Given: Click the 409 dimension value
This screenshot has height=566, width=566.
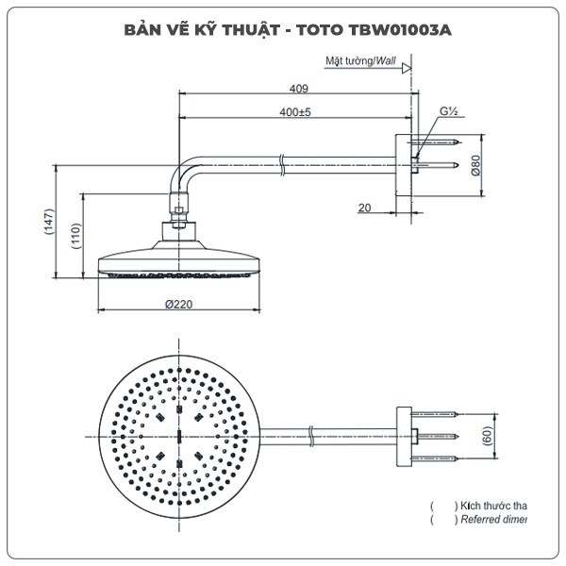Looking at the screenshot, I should tap(299, 90).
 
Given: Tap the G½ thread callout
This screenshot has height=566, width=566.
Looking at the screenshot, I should tap(448, 111).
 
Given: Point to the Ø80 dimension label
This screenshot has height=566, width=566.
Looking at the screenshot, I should tap(477, 166).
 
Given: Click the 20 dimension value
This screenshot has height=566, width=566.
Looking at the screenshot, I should tap(364, 208).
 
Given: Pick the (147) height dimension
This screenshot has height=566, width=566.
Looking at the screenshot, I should tap(48, 223).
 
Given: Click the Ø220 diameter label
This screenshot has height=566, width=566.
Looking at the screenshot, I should tap(178, 304).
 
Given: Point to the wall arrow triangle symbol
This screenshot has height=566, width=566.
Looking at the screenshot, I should tap(407, 67).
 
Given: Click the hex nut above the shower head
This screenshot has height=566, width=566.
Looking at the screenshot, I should tap(178, 226).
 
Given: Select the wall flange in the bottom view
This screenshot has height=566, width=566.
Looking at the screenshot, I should tap(404, 436).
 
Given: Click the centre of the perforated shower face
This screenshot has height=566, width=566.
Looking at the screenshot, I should tap(178, 436).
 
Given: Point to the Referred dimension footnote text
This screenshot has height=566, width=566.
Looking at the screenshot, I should tap(491, 520).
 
